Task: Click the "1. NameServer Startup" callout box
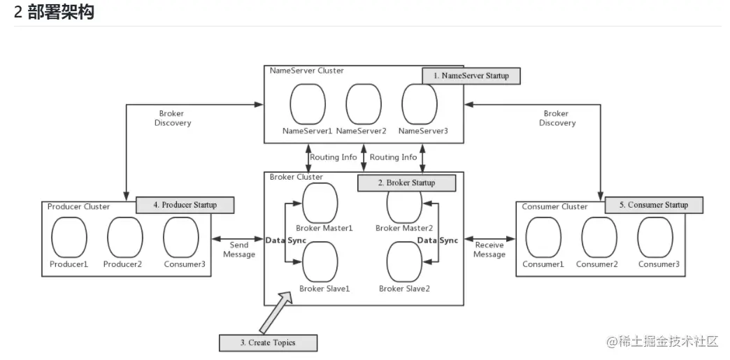(x=471, y=75)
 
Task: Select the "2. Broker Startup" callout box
(x=406, y=182)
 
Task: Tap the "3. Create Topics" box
(x=269, y=343)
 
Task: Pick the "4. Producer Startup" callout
(x=185, y=205)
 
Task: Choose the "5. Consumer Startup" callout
(x=654, y=205)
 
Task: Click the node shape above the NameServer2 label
(x=364, y=104)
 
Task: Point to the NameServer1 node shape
(x=308, y=104)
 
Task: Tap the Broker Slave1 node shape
(x=320, y=261)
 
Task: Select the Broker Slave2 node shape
(x=405, y=261)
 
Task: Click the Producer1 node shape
(x=69, y=237)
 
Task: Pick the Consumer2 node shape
(x=600, y=237)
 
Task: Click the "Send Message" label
(x=239, y=250)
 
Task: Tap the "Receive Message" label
(x=489, y=250)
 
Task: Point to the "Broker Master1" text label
(x=326, y=228)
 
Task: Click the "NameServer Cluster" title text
(x=307, y=71)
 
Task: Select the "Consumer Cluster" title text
(x=554, y=206)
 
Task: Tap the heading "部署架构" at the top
(x=61, y=12)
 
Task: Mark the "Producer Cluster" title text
(x=79, y=206)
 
